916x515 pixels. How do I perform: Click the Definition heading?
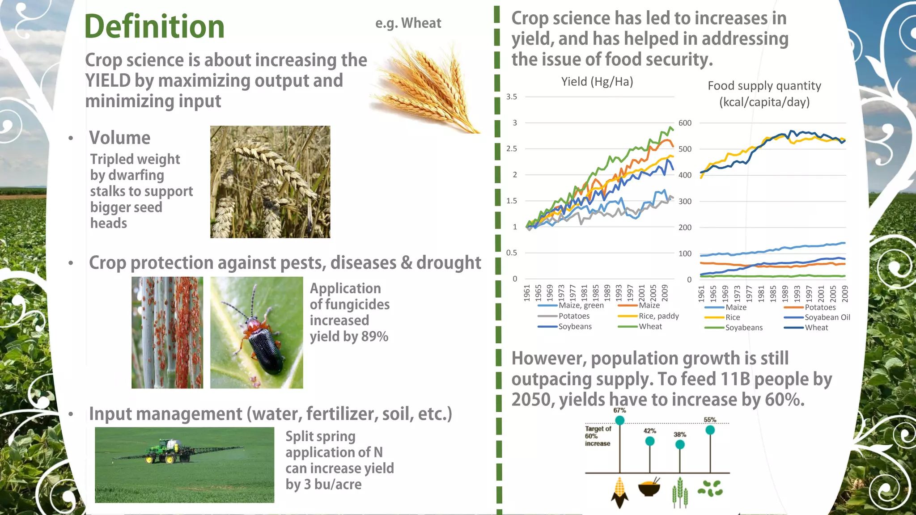click(154, 27)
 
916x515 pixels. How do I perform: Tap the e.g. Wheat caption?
click(408, 23)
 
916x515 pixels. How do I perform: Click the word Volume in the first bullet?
click(119, 138)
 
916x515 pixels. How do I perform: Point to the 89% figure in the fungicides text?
click(374, 336)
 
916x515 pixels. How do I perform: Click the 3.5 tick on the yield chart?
click(511, 97)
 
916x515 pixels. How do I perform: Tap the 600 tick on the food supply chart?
click(684, 123)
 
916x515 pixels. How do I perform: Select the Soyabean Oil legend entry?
click(827, 317)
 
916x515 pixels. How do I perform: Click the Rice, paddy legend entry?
click(658, 316)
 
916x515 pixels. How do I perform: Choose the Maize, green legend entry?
click(581, 305)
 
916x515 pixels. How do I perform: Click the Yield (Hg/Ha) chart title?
click(597, 82)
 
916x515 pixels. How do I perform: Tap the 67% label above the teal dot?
click(619, 410)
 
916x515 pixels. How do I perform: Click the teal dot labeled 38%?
click(680, 444)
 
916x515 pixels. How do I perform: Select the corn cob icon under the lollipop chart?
click(619, 492)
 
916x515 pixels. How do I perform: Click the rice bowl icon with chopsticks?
click(649, 488)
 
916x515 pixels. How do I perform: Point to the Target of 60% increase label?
click(598, 436)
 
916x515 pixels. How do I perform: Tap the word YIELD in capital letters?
click(108, 81)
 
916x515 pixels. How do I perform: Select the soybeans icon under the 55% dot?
click(710, 489)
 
